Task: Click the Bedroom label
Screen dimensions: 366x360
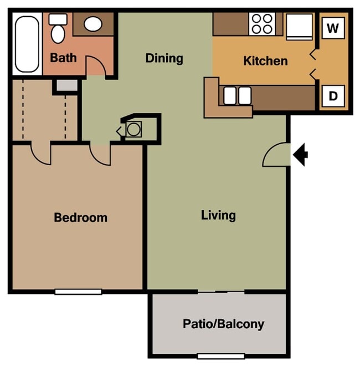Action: pyautogui.click(x=80, y=217)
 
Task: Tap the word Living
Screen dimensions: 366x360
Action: pyautogui.click(x=218, y=215)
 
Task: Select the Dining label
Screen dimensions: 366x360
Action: pyautogui.click(x=164, y=58)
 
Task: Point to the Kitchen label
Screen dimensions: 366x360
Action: pyautogui.click(x=265, y=60)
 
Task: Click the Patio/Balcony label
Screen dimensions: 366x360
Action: pyautogui.click(x=223, y=324)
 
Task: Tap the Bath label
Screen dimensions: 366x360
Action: pyautogui.click(x=63, y=58)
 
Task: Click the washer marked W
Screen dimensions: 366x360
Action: pyautogui.click(x=332, y=28)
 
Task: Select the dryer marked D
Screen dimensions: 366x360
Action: pyautogui.click(x=333, y=96)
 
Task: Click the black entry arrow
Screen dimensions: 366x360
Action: pyautogui.click(x=301, y=155)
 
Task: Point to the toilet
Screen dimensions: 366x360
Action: pyautogui.click(x=57, y=28)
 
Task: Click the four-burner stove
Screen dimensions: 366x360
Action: pyautogui.click(x=261, y=24)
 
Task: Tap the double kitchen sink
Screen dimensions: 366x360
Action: pyautogui.click(x=236, y=96)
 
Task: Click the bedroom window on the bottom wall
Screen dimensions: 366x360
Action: pyautogui.click(x=78, y=292)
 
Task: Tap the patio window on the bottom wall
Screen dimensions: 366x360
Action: pyautogui.click(x=221, y=356)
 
